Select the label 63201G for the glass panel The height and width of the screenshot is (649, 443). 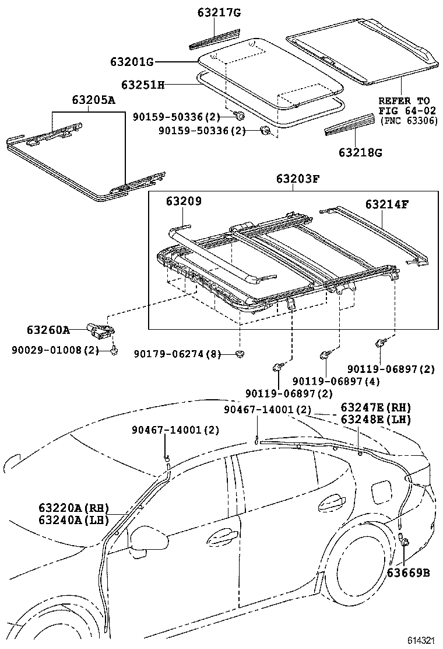coord(132,62)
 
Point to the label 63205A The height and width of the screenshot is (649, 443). coord(93,100)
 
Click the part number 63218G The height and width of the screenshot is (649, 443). coord(361,153)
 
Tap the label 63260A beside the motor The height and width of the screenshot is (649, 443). coord(48,330)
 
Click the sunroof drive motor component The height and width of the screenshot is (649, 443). coord(100,329)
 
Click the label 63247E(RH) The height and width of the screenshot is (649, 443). coord(375,408)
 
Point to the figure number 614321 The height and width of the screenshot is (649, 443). coord(421,640)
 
